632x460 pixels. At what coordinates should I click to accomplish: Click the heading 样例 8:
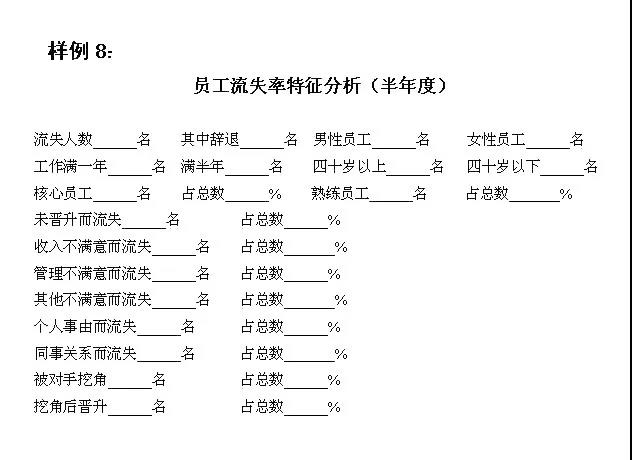(80, 51)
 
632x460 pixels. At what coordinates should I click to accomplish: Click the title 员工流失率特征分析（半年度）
(321, 85)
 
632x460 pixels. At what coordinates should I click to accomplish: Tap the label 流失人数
(63, 139)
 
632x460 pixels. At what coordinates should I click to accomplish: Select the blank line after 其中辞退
(262, 148)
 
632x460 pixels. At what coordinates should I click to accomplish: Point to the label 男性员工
(342, 139)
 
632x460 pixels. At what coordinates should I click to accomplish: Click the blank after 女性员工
(548, 148)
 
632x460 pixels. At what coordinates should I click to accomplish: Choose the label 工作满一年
(71, 166)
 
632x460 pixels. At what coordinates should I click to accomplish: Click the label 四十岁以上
(349, 166)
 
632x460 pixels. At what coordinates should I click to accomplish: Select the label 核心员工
(63, 194)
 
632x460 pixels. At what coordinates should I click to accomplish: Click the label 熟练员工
(340, 194)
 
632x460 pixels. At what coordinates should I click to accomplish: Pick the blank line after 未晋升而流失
(144, 228)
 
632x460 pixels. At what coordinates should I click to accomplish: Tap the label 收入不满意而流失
(93, 246)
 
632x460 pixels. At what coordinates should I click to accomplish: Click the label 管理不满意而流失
(93, 273)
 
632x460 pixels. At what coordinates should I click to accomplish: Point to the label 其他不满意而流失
(93, 300)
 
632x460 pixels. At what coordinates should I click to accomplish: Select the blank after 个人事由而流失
(159, 335)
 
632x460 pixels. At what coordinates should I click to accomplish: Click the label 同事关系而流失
(85, 353)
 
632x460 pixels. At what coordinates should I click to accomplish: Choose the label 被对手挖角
(71, 379)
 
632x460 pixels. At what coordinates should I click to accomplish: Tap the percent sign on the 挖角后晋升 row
(334, 407)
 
